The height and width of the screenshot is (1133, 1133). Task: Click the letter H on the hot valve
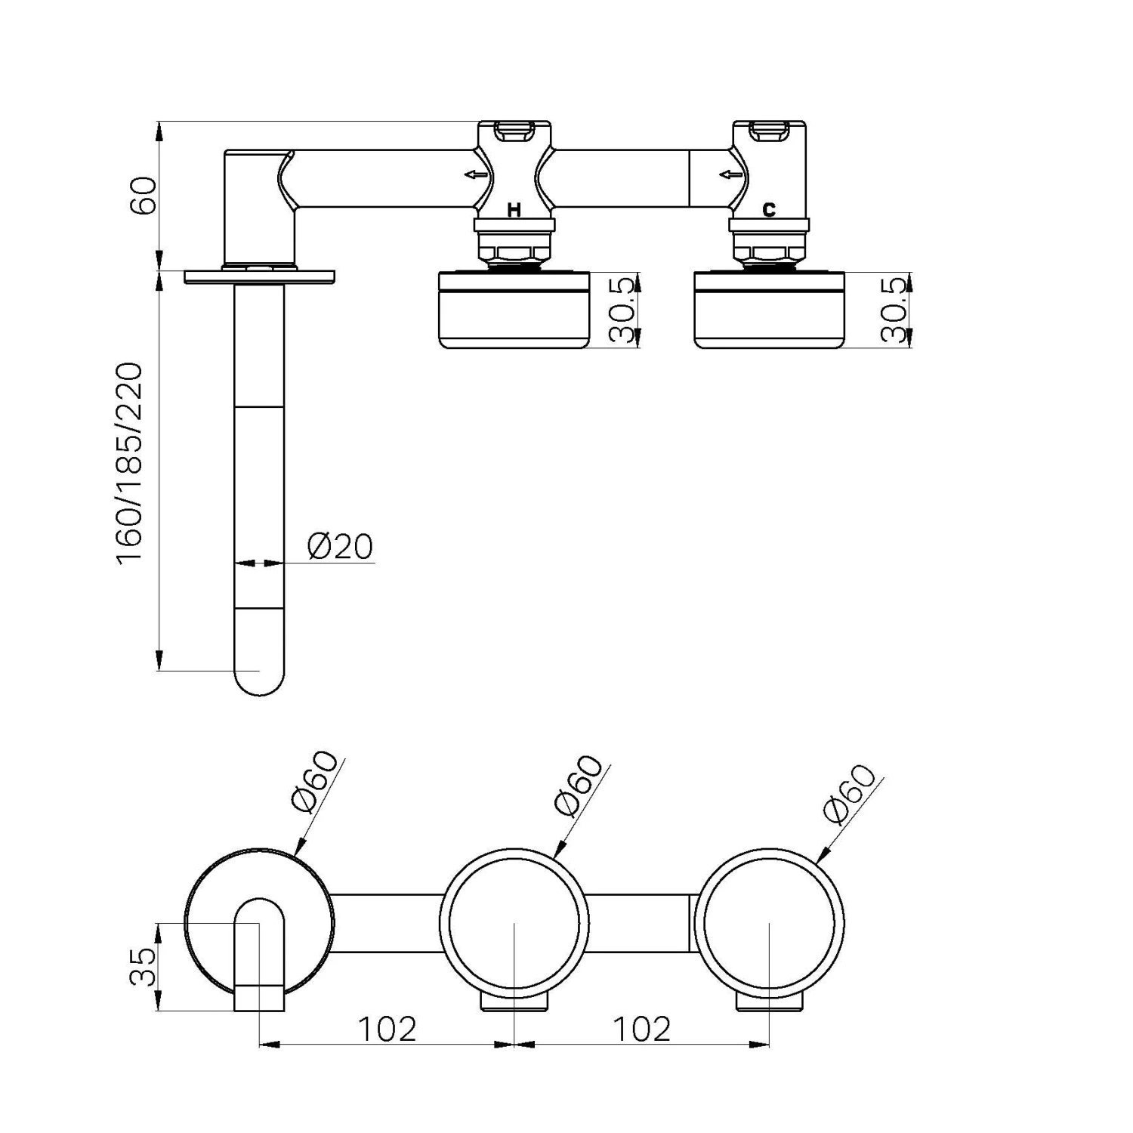514,210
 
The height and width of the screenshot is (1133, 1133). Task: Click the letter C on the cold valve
769,210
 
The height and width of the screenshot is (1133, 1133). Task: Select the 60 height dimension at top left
144,196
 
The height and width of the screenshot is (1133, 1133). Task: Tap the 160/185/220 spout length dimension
129,462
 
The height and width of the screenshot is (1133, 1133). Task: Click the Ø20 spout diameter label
340,546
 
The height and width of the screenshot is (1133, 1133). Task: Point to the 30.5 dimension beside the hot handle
621,310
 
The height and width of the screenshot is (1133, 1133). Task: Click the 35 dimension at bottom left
143,967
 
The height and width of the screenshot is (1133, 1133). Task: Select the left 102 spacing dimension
386,1028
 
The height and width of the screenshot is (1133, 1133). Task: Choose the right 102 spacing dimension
641,1028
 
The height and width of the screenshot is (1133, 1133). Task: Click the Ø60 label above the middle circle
579,786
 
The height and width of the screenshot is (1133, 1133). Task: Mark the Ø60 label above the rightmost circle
851,793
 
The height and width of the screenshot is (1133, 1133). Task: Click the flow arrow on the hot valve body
476,175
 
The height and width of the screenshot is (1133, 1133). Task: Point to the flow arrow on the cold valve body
730,175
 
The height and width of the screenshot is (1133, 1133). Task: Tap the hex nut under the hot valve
514,251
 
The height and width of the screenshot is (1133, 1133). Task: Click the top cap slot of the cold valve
768,132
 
